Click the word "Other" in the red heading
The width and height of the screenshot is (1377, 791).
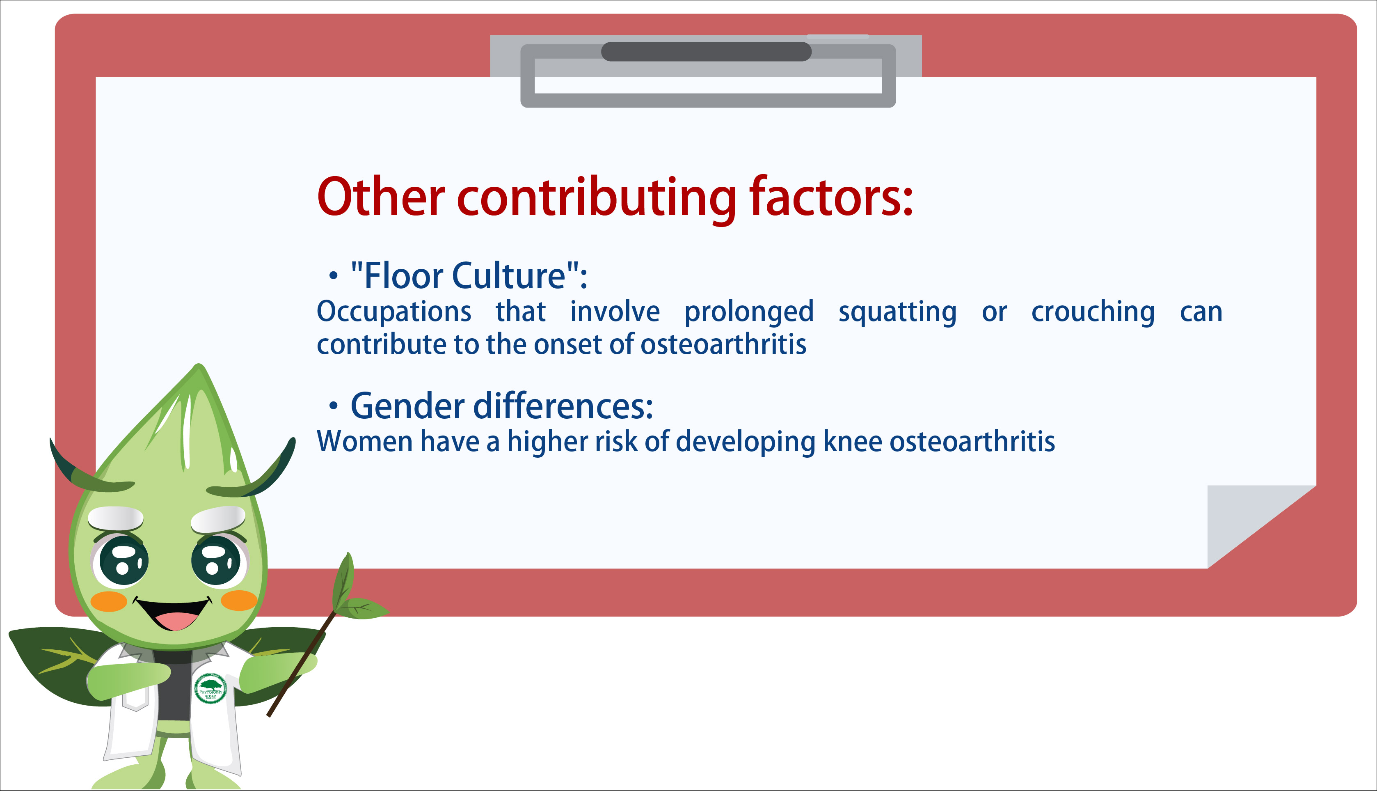point(381,197)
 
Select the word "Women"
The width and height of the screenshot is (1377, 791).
point(364,441)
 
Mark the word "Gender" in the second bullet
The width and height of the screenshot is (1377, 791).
point(408,406)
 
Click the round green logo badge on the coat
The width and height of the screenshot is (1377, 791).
point(210,688)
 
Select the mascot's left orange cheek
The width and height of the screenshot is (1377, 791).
point(109,602)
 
